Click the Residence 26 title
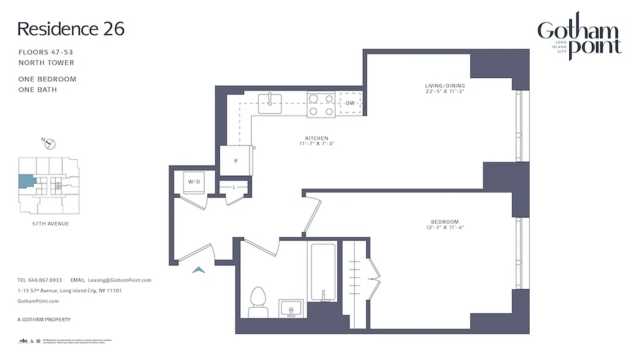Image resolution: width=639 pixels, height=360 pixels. [x=71, y=29]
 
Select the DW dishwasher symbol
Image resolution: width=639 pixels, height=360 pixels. [x=350, y=103]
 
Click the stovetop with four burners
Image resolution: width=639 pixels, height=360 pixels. [x=321, y=104]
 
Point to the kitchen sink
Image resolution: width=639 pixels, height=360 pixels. [x=270, y=103]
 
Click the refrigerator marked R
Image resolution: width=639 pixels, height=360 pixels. [x=236, y=160]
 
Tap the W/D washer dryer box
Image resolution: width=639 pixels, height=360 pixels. [x=194, y=182]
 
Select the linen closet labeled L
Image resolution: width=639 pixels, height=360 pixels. [x=234, y=186]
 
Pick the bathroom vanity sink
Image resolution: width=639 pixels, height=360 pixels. [x=290, y=308]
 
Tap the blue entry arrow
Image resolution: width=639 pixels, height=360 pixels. [x=199, y=270]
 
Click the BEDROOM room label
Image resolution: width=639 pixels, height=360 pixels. [x=444, y=222]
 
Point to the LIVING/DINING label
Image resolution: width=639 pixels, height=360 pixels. [x=445, y=85]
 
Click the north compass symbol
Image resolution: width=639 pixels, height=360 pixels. [x=50, y=144]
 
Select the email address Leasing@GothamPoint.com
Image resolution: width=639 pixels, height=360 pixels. [x=120, y=280]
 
